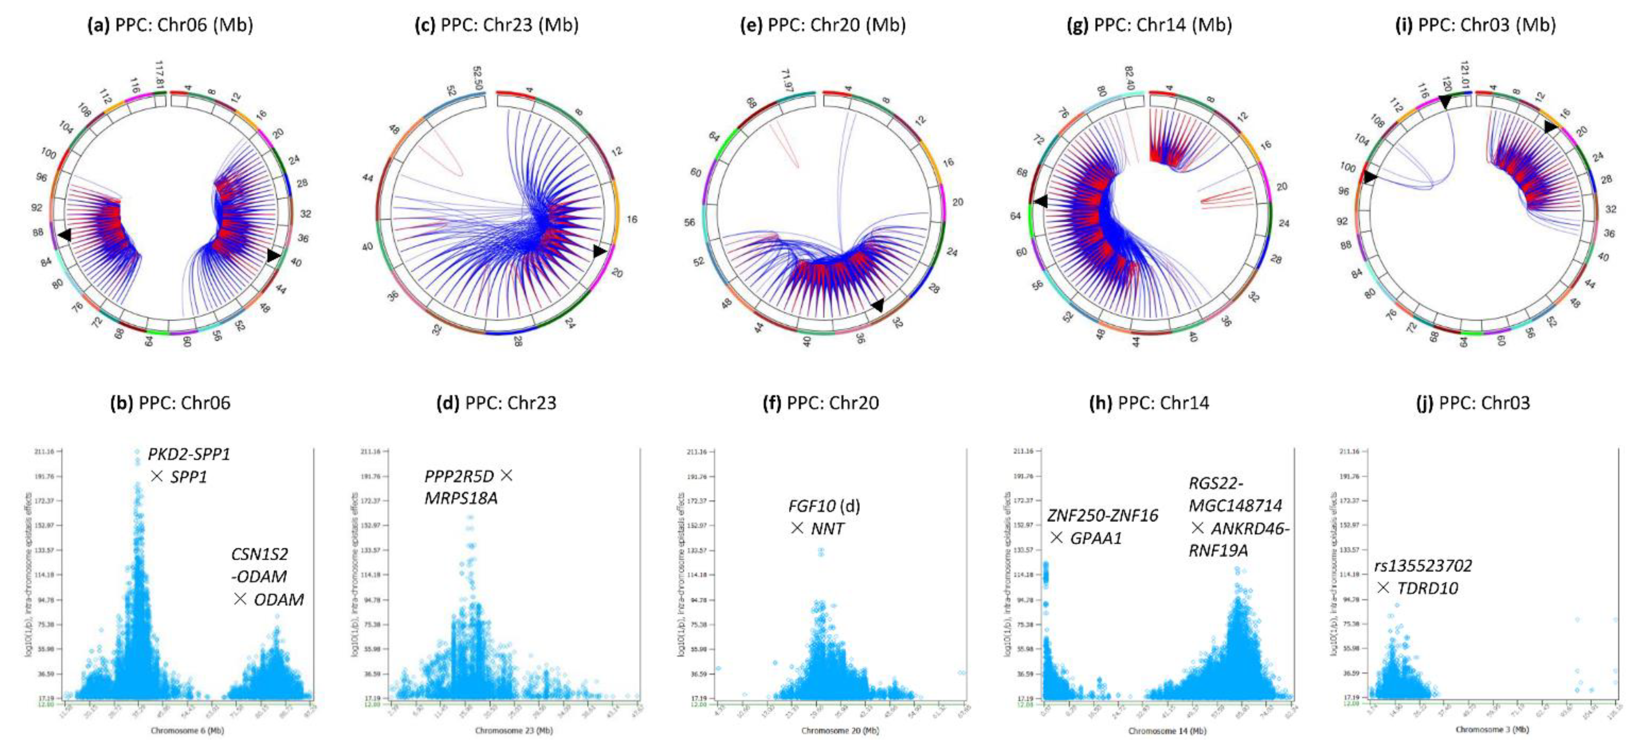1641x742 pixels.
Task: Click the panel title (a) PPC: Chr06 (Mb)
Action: [170, 25]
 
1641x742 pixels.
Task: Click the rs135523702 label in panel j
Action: [1423, 566]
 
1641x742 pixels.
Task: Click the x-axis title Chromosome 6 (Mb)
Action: [187, 731]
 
